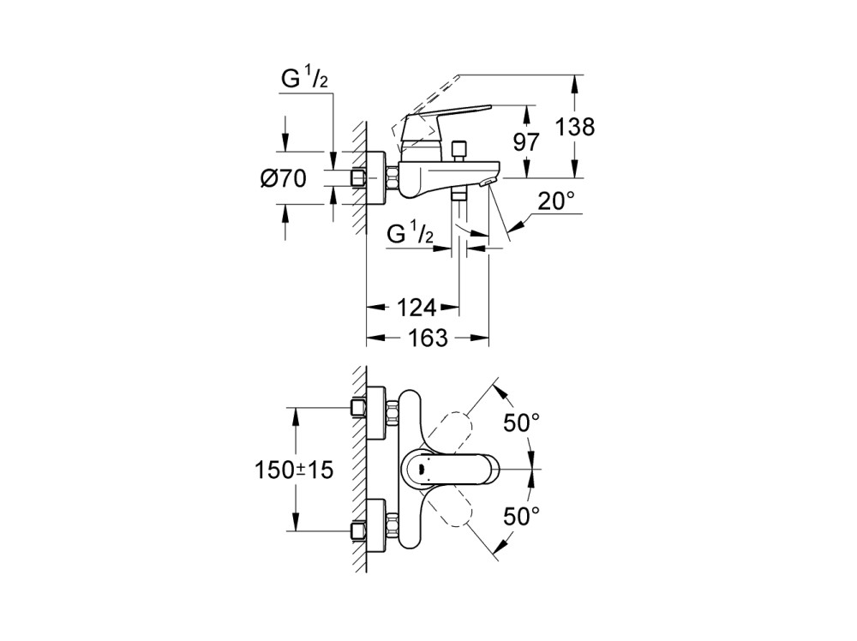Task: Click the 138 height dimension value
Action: [x=575, y=128]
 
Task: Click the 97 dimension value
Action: [x=526, y=141]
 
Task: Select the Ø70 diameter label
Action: [x=283, y=179]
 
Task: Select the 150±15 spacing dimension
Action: [x=293, y=470]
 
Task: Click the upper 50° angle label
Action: [x=522, y=422]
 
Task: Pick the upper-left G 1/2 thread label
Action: [x=304, y=79]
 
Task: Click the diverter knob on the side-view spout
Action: [x=459, y=149]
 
